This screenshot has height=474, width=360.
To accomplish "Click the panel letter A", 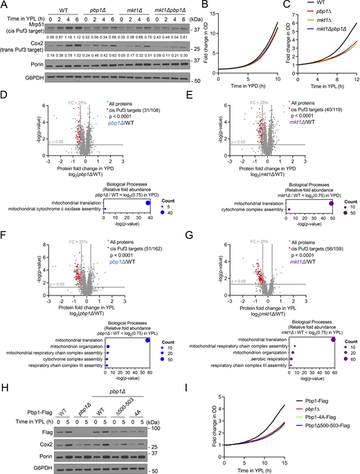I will tap(4, 5).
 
